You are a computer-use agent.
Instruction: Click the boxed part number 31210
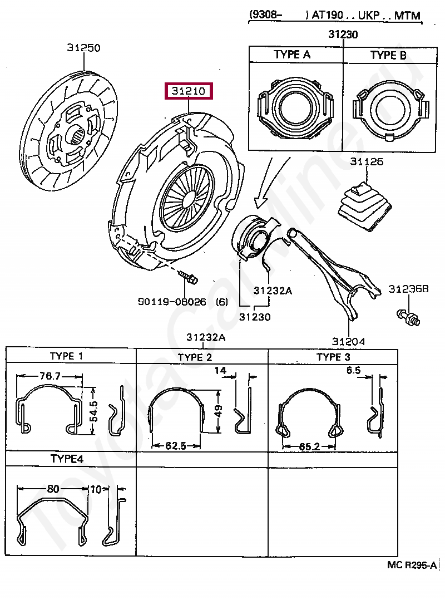tap(189, 91)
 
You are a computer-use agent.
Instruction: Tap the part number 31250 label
tap(84, 48)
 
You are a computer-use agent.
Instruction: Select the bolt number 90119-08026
tap(172, 302)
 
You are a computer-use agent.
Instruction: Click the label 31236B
tap(408, 289)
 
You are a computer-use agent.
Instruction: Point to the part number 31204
tap(348, 341)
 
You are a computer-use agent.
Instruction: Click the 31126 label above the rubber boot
tap(367, 161)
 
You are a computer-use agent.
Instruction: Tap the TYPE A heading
tap(292, 55)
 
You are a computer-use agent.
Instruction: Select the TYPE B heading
tap(388, 55)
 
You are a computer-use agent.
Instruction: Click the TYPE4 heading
tap(67, 459)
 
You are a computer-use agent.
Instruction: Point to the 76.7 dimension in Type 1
tap(50, 376)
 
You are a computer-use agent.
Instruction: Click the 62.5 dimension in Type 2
tap(176, 445)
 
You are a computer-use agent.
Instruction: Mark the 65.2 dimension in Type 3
tap(310, 446)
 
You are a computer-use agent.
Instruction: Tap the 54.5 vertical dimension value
tap(94, 411)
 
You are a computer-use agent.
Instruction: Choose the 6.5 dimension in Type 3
tap(354, 370)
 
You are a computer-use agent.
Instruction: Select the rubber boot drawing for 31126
tap(365, 206)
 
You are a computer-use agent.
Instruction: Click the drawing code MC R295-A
tap(412, 565)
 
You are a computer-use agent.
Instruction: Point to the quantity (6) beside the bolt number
tap(222, 302)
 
